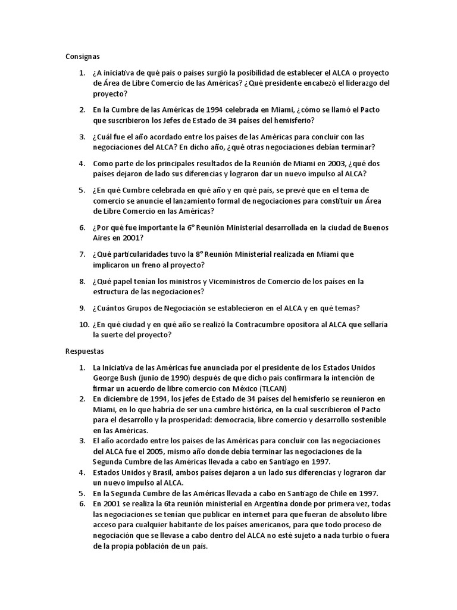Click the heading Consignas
82,57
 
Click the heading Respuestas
84,351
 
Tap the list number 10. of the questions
83,324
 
